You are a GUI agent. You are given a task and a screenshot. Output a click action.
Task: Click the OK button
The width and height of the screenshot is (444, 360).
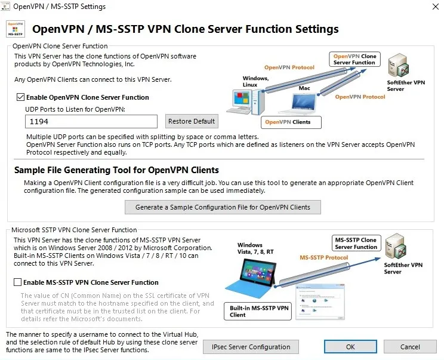[x=350, y=347]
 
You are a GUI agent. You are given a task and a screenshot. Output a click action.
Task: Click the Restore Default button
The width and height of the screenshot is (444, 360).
[x=192, y=121]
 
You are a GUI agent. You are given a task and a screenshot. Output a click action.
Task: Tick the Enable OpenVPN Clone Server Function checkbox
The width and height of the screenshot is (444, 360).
[x=21, y=97]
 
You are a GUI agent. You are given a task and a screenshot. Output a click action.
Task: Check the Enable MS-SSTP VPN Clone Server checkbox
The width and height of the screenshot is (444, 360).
[x=18, y=282]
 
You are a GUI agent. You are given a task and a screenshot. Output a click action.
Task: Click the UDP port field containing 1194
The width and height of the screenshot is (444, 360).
[x=91, y=121]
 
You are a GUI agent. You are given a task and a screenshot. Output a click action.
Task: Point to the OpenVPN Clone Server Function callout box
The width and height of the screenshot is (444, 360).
[x=354, y=59]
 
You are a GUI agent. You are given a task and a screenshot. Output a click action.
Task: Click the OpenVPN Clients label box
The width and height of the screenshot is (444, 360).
[x=291, y=122]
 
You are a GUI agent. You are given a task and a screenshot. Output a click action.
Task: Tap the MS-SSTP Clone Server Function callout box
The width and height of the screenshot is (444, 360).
[x=356, y=243]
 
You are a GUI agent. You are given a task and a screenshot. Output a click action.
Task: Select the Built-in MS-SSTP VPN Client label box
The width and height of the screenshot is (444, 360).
[x=258, y=311]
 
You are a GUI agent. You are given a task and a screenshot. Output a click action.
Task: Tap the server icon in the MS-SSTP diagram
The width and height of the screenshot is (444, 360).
[x=396, y=247]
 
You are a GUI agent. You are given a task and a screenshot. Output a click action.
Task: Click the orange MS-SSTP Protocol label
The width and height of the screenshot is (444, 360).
[x=323, y=258]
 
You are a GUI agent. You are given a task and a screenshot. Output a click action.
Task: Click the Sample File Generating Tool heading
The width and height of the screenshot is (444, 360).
[x=116, y=170]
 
